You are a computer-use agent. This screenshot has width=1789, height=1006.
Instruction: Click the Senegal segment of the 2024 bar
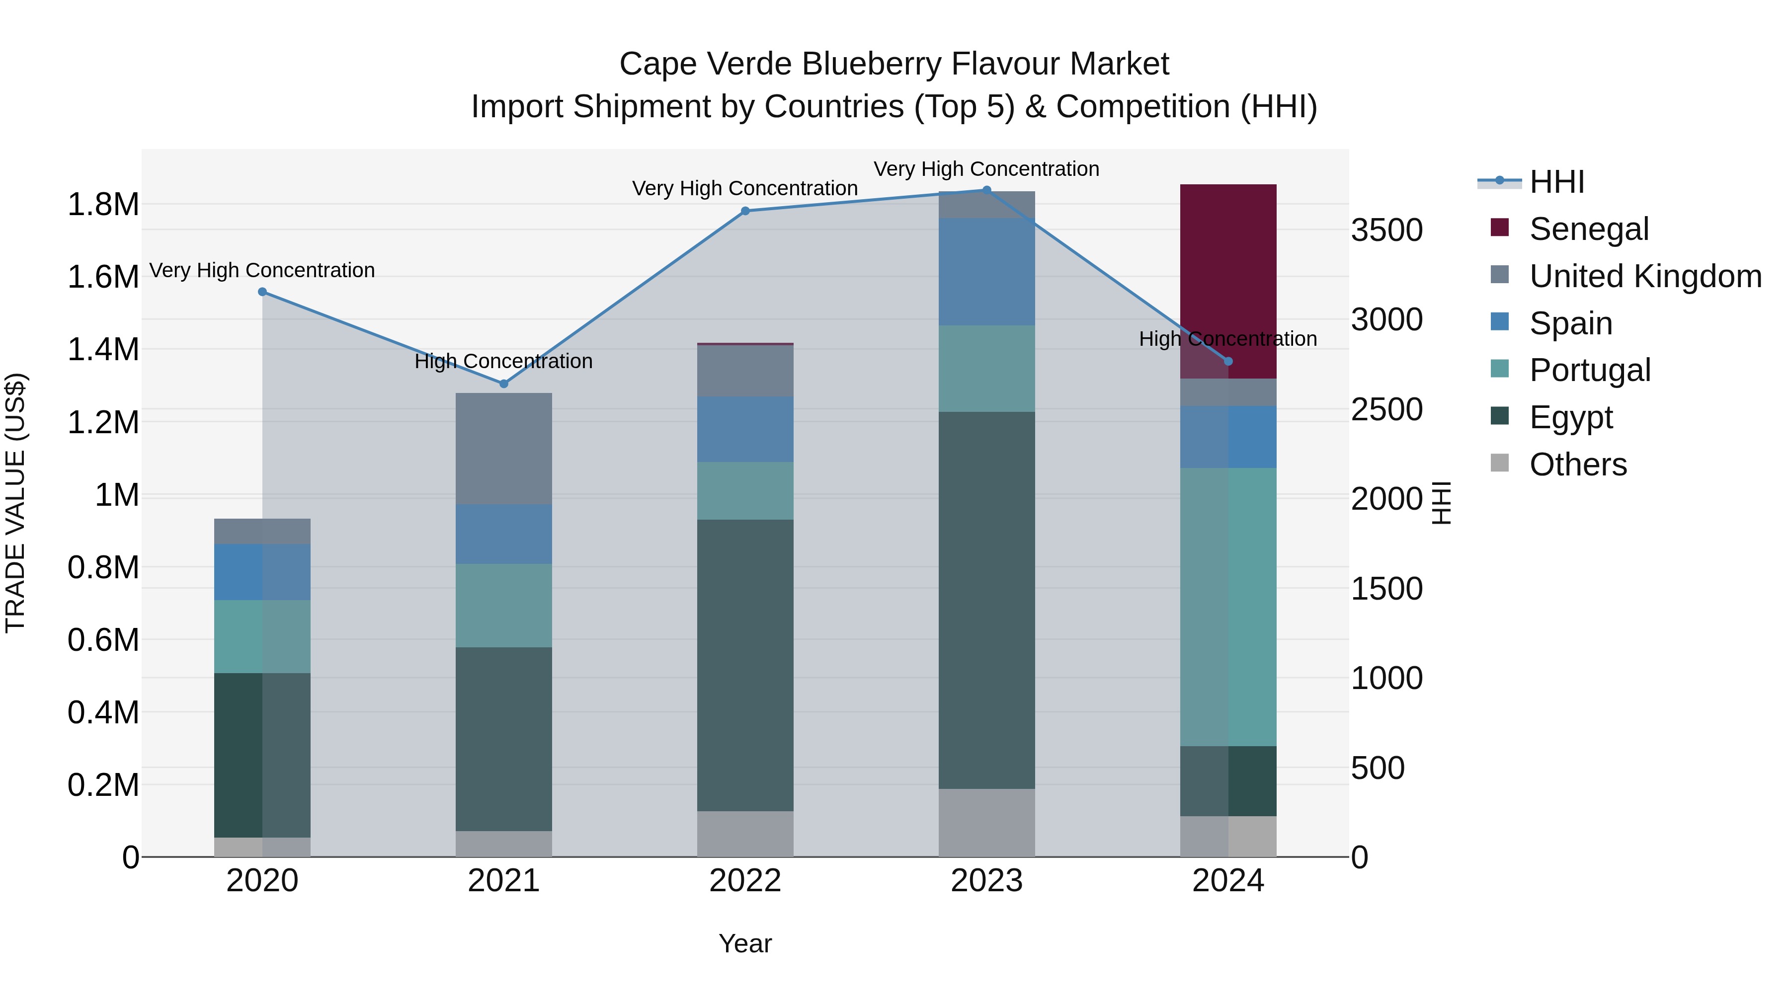click(1228, 278)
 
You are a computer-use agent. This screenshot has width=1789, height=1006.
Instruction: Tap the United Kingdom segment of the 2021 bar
click(503, 449)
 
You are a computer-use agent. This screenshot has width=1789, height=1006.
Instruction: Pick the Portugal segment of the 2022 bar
click(745, 491)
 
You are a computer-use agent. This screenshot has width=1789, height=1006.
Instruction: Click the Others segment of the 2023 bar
click(986, 823)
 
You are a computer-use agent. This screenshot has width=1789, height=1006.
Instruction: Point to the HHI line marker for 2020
click(262, 292)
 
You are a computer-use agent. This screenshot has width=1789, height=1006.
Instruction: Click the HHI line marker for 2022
click(745, 211)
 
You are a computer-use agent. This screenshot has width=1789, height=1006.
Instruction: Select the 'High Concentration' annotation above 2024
click(1228, 339)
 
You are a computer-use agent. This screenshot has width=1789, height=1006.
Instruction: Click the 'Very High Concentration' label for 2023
click(986, 169)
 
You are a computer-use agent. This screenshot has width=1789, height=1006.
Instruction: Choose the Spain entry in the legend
click(1571, 323)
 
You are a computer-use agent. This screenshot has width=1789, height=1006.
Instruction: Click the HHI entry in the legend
click(1557, 182)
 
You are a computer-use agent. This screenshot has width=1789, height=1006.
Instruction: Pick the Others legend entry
click(1578, 464)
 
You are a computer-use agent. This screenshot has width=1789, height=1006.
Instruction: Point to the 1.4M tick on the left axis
click(103, 349)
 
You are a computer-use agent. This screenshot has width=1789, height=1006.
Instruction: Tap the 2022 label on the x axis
click(745, 881)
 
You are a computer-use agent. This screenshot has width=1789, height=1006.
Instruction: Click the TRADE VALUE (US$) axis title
click(15, 503)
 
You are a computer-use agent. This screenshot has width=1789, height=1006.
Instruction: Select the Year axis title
click(745, 943)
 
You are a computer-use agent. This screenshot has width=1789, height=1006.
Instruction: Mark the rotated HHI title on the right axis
click(1442, 503)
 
